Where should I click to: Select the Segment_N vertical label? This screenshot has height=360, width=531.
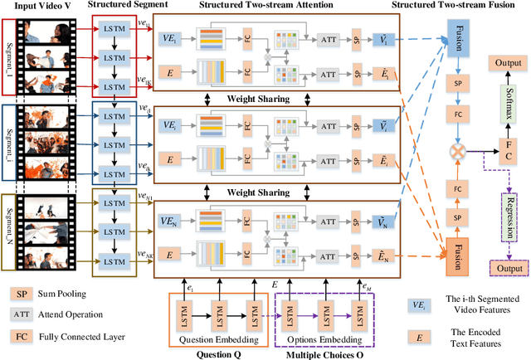(x=12, y=228)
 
